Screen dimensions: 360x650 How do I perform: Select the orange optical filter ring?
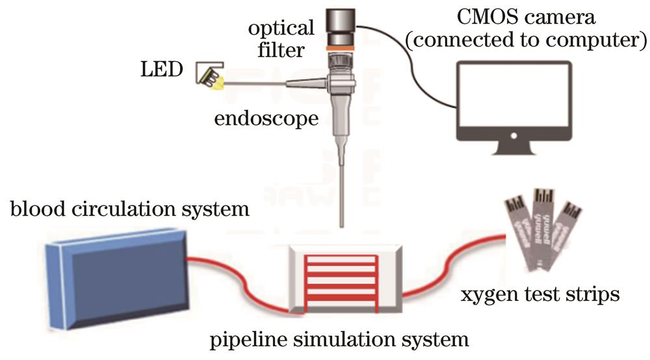340,47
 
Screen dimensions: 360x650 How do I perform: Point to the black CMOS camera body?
339,23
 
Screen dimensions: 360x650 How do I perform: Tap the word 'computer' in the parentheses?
596,40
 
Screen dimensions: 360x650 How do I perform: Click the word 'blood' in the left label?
34,210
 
